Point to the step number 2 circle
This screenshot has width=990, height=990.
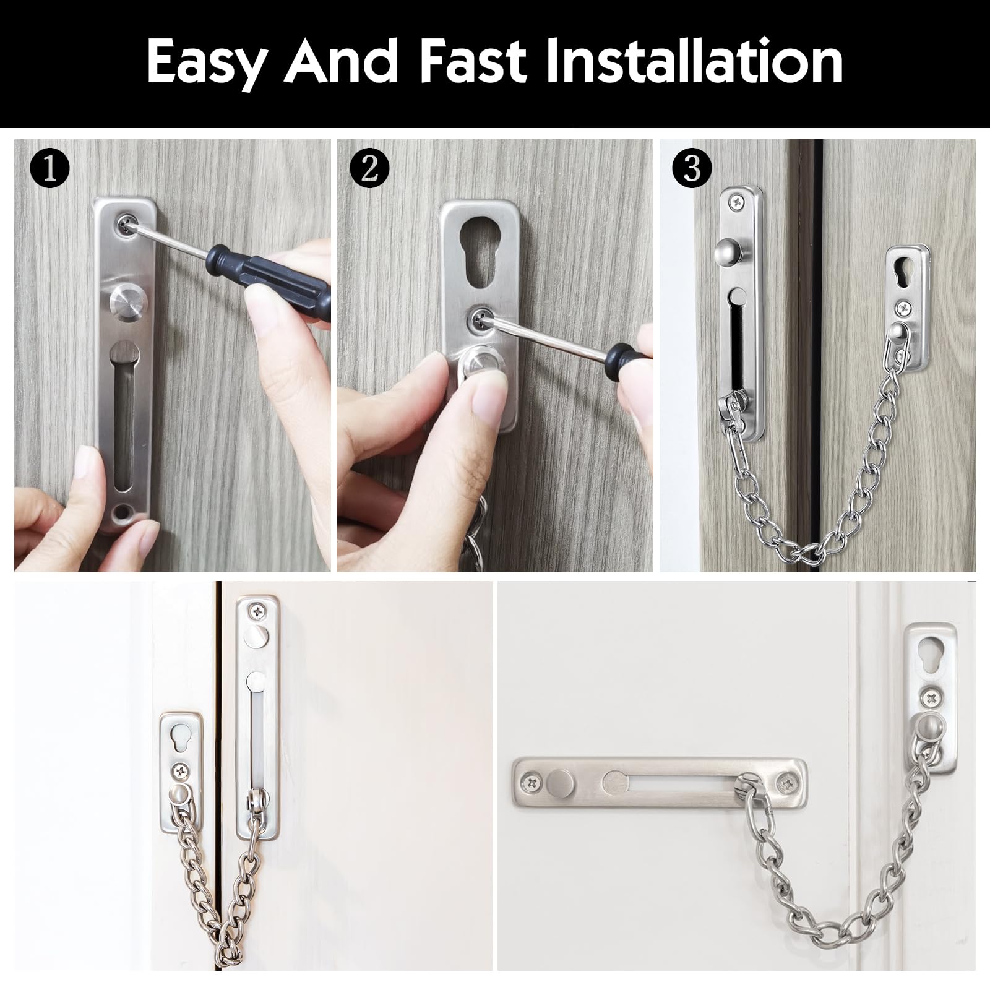(369, 168)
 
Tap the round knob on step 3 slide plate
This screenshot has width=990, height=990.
(725, 252)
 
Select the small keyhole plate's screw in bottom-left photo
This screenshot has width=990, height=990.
(182, 771)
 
